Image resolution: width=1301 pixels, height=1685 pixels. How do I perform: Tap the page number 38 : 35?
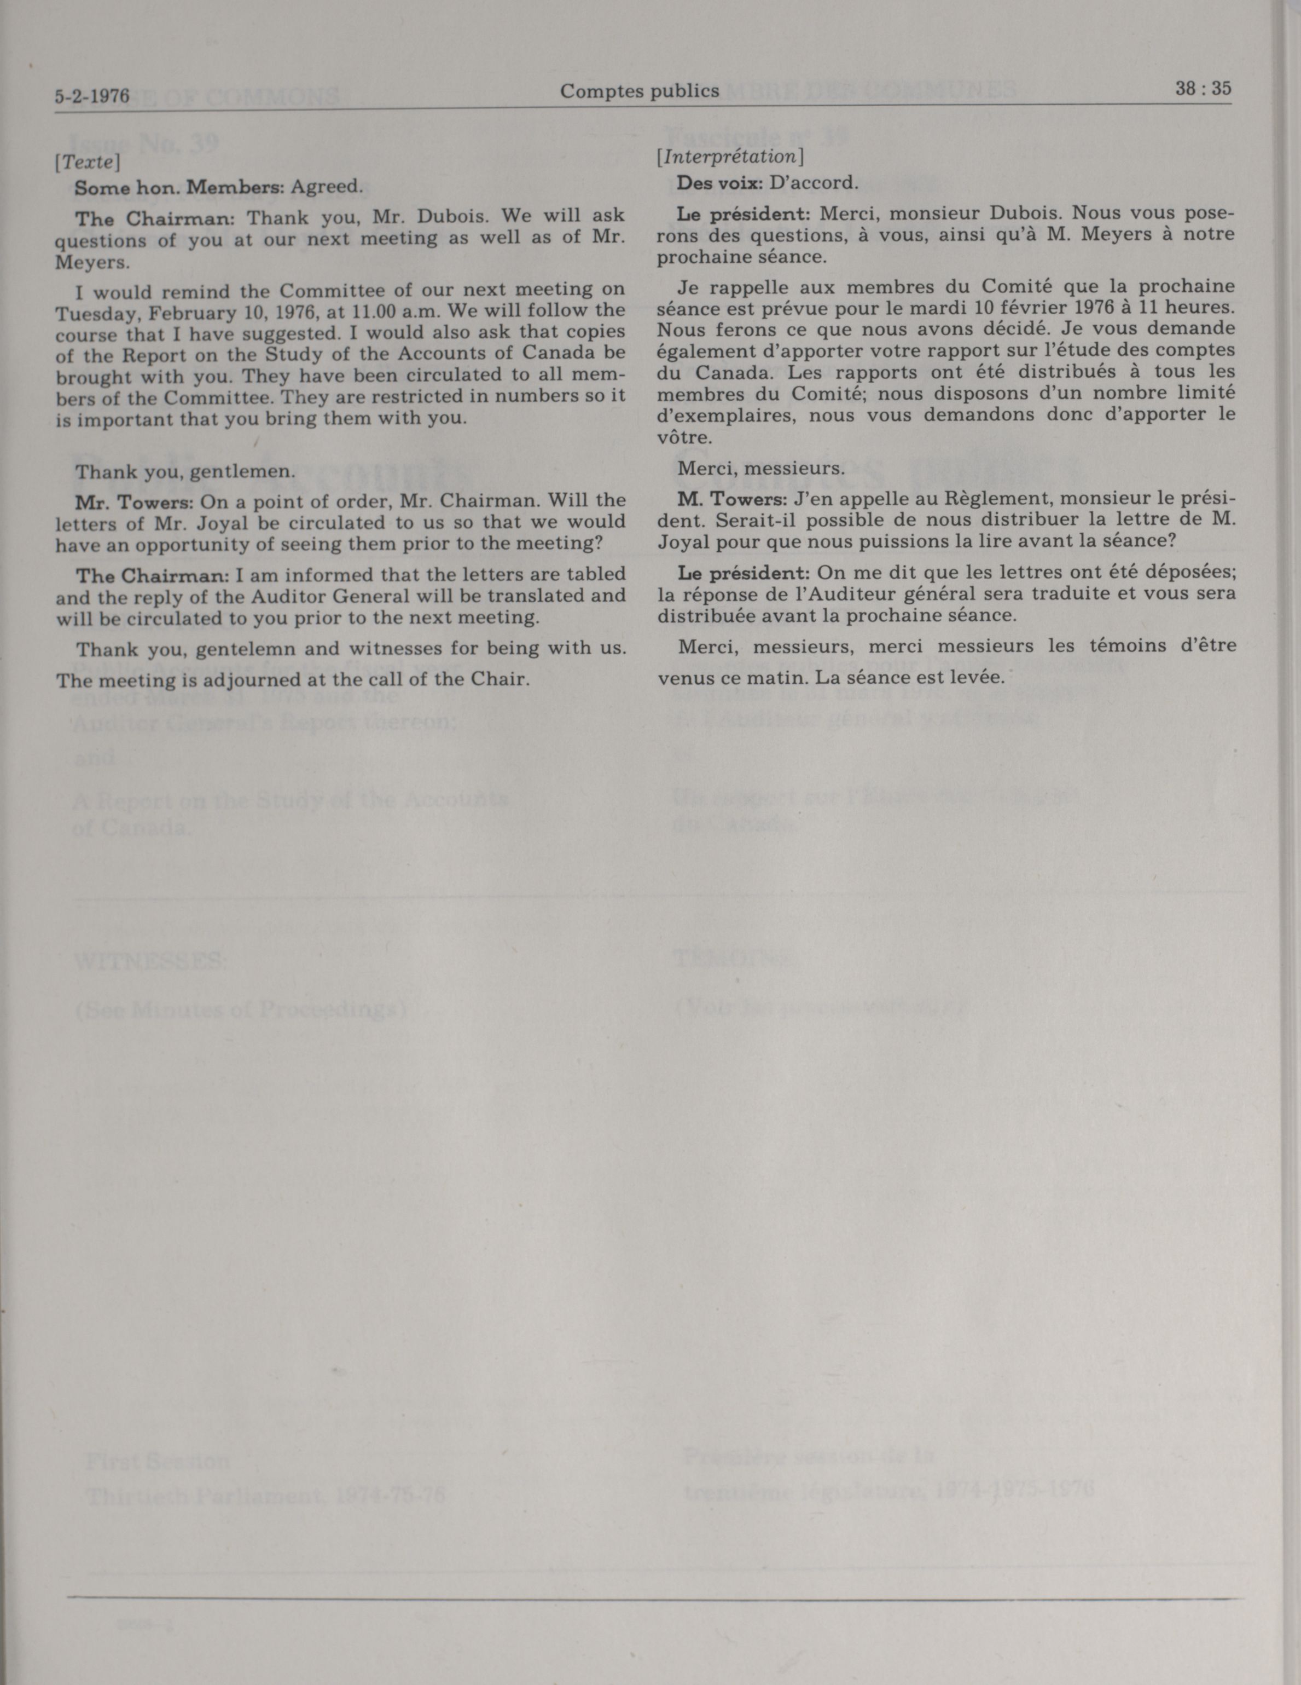coord(1203,88)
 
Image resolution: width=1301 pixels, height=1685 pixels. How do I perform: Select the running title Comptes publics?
coord(640,91)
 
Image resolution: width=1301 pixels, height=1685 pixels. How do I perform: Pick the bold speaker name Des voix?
coord(721,183)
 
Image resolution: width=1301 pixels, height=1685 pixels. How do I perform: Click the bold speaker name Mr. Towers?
coord(133,502)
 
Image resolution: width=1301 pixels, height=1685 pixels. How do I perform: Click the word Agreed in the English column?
coord(326,187)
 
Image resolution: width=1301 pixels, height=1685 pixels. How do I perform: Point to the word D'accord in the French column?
coord(813,183)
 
